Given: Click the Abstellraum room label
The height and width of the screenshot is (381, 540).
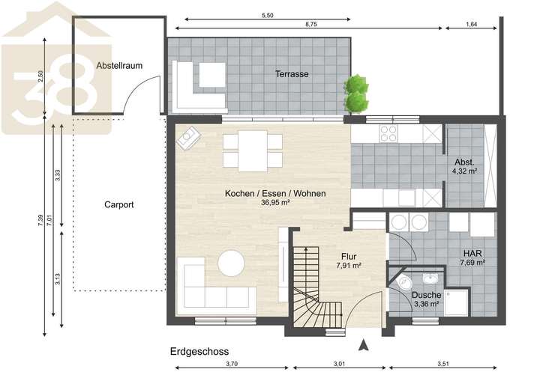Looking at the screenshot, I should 119,65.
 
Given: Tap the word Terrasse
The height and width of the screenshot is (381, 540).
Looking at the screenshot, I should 292,74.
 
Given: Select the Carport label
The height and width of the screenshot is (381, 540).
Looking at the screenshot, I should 118,204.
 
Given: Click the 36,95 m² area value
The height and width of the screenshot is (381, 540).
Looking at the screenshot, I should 275,202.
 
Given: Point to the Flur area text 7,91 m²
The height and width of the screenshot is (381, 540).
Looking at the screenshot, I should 349,266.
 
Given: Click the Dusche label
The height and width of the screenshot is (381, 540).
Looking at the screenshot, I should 427,294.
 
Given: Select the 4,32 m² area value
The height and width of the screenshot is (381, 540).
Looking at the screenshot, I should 469,171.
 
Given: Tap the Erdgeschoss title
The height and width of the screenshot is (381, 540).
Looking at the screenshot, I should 199,350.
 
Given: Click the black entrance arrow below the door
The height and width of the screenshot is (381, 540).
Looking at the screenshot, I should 364,345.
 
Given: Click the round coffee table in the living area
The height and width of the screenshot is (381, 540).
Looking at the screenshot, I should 231,263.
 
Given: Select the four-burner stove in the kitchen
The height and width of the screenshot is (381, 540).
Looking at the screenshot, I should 388,133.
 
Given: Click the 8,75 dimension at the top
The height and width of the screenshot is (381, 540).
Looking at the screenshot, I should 310,24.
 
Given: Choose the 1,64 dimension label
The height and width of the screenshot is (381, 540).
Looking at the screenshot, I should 470,24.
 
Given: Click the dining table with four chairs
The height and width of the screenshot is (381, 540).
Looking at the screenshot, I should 253,150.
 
